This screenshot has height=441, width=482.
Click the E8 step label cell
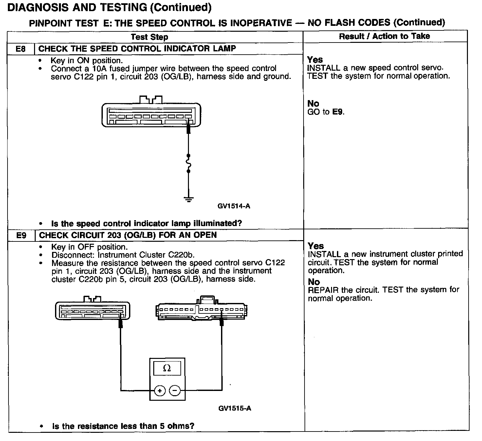coord(21,49)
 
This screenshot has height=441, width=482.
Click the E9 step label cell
coord(21,236)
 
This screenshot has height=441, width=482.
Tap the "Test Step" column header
coord(149,37)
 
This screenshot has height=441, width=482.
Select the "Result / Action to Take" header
coord(384,36)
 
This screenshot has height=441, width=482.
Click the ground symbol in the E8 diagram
coord(188,199)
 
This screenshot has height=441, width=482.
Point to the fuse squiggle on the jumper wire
coord(188,163)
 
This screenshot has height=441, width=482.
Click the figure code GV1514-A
coord(234,206)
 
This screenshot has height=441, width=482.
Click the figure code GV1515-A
coord(234,408)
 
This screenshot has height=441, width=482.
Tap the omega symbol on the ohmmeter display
coord(167,368)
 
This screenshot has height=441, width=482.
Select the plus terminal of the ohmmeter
coord(160,391)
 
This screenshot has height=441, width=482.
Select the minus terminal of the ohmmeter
coord(175,391)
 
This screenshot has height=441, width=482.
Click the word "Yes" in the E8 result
coord(315,60)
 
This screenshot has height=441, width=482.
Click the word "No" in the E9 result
coord(314,282)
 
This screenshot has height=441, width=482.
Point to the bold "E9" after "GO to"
coord(338,112)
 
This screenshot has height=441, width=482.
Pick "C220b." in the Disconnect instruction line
coord(181,255)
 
